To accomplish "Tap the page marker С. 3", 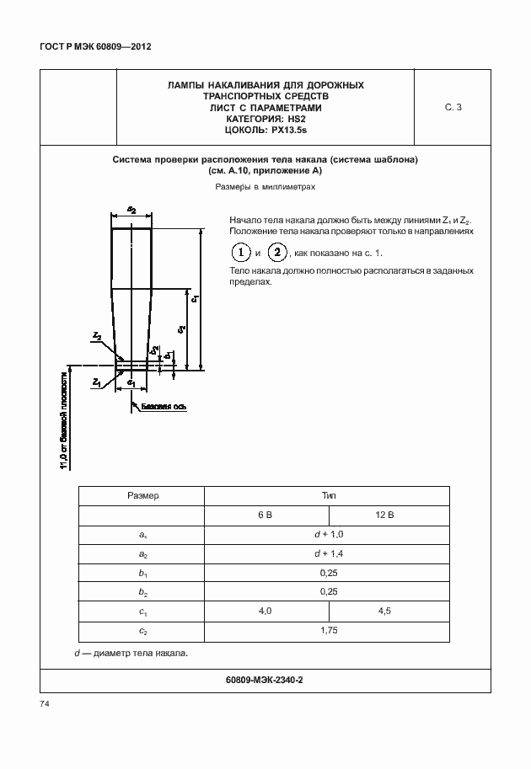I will pyautogui.click(x=453, y=107).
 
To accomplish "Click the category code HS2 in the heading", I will pyautogui.click(x=296, y=119).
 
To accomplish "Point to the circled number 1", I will pyautogui.click(x=241, y=253).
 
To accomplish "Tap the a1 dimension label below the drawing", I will pyautogui.click(x=131, y=382).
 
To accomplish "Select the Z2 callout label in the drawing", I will pyautogui.click(x=97, y=336).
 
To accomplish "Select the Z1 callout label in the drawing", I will pyautogui.click(x=97, y=382).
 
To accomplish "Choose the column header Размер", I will pyautogui.click(x=142, y=496).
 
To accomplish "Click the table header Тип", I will pyautogui.click(x=329, y=496).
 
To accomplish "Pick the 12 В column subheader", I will pyautogui.click(x=391, y=515).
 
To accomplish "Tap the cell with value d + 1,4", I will pyautogui.click(x=329, y=553).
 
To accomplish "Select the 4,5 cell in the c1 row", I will pyautogui.click(x=391, y=611).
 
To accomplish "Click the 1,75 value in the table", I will pyautogui.click(x=329, y=631).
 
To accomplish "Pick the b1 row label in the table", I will pyautogui.click(x=142, y=573).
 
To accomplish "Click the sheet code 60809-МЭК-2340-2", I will pyautogui.click(x=265, y=680).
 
